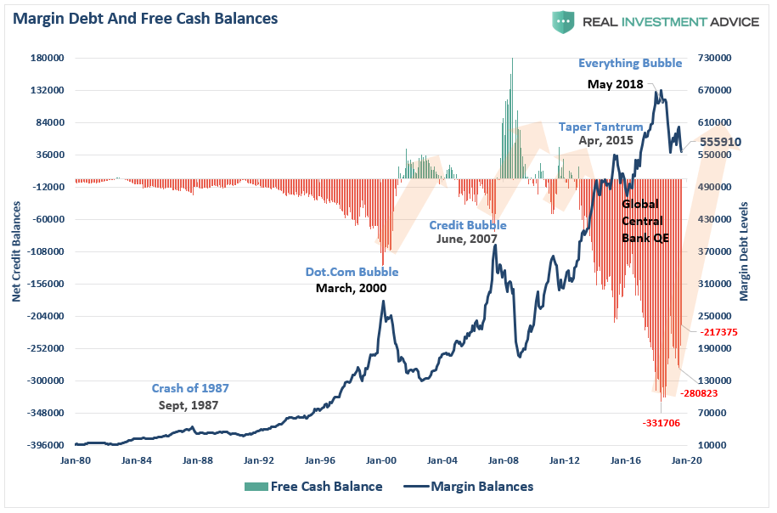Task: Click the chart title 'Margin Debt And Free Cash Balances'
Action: click(x=145, y=18)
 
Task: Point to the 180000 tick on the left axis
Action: click(x=48, y=59)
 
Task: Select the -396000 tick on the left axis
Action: click(x=48, y=445)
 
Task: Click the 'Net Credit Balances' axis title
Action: click(x=15, y=251)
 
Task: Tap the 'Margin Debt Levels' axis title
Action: click(x=744, y=251)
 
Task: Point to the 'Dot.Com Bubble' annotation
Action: click(x=352, y=273)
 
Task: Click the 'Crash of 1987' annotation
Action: click(x=190, y=388)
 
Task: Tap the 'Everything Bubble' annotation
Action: click(x=618, y=64)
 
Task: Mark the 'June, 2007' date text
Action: click(x=467, y=240)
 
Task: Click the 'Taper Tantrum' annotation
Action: click(x=600, y=127)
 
